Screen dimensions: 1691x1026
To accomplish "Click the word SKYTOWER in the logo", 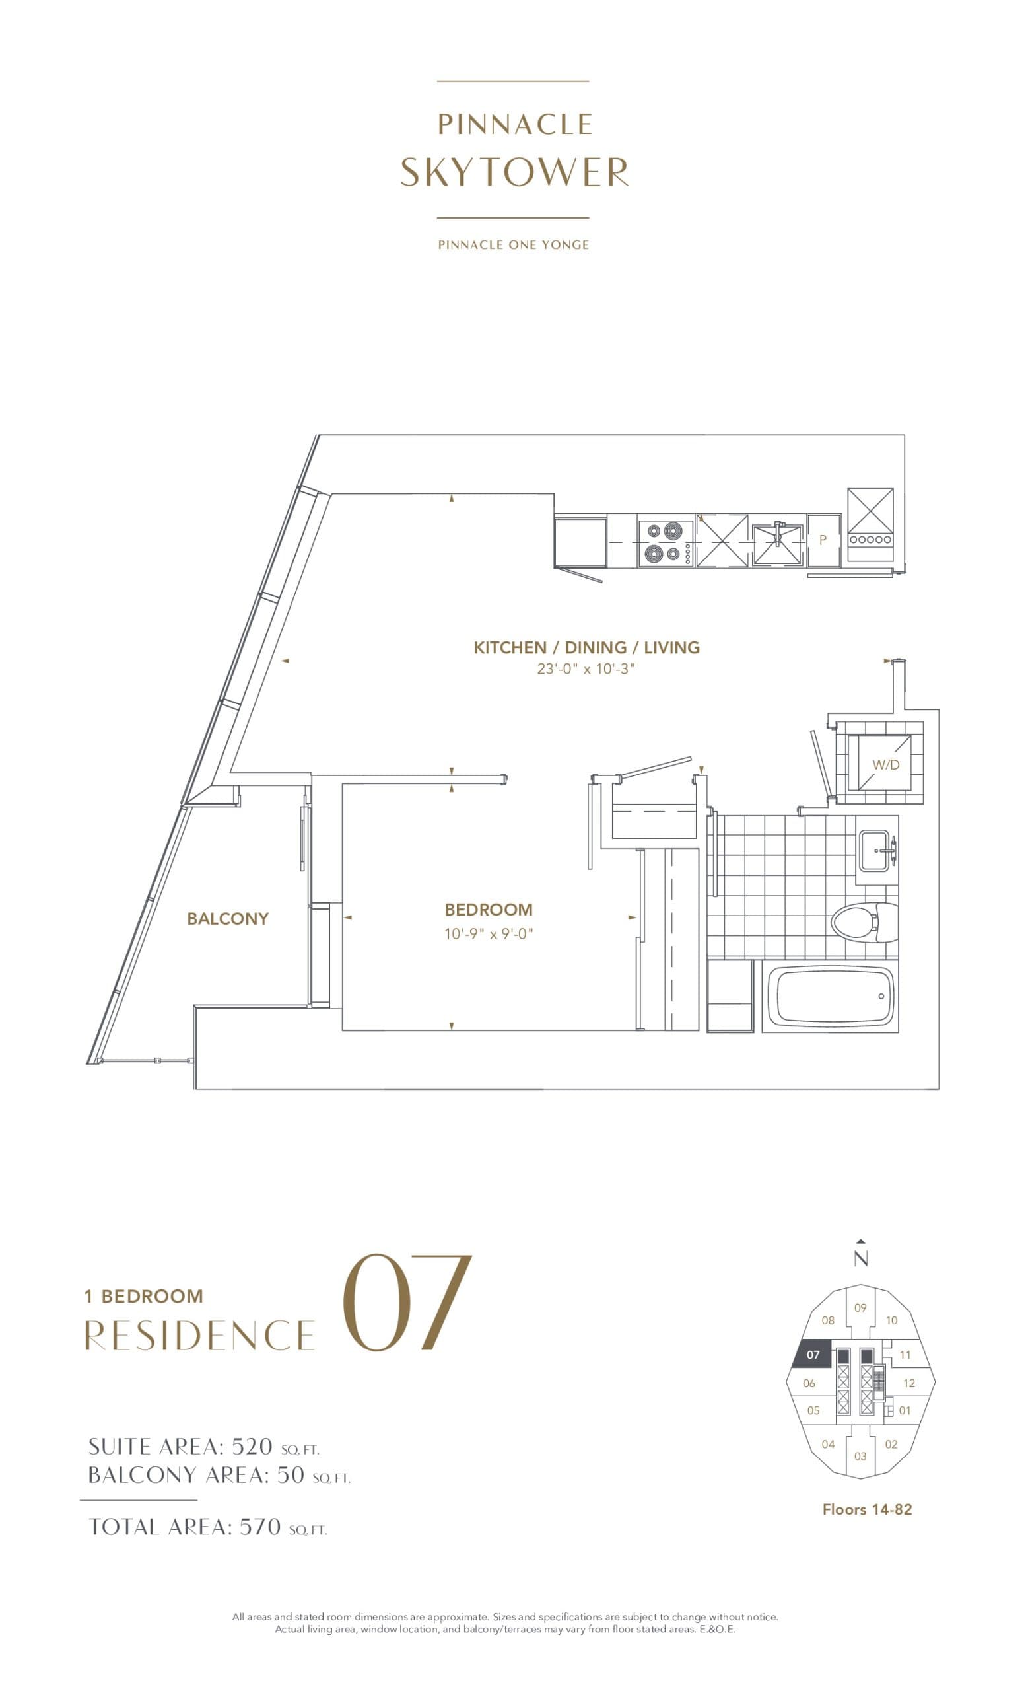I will (514, 172).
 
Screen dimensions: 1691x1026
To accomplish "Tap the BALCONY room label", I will (228, 919).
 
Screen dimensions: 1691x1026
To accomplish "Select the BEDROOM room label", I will (489, 910).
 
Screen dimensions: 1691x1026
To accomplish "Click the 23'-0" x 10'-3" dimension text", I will (586, 669).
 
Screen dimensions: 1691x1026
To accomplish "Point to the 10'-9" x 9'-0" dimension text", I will (489, 934).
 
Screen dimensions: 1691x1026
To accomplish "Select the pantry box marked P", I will (823, 541).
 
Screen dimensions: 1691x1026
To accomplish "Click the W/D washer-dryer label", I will (885, 764).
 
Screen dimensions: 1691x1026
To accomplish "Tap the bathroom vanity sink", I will (875, 851).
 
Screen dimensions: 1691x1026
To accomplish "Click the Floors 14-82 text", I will (867, 1509).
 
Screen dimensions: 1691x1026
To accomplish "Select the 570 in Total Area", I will (260, 1527).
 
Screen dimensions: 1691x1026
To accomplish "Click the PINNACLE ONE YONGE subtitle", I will (513, 245).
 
